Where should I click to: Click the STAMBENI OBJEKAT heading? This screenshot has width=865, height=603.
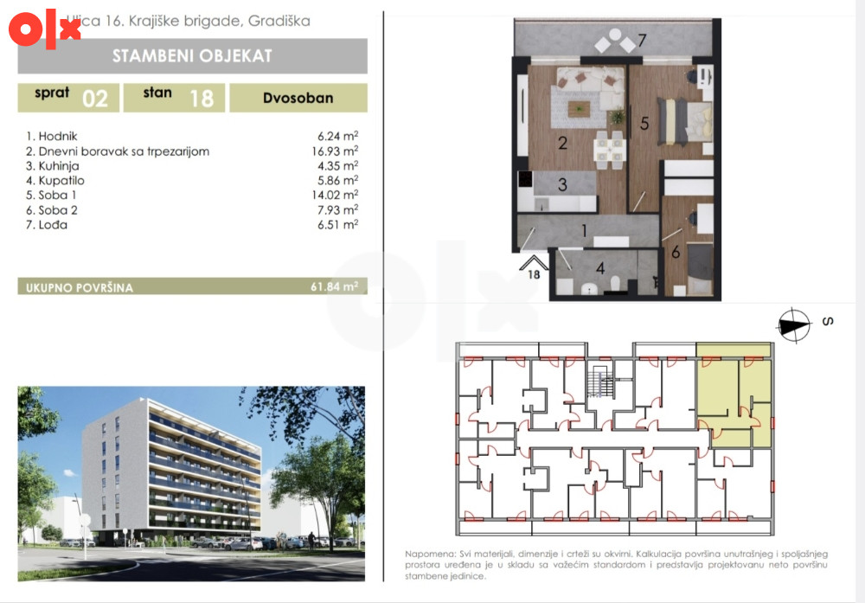pyautogui.click(x=192, y=55)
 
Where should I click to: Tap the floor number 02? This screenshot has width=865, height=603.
pyautogui.click(x=95, y=99)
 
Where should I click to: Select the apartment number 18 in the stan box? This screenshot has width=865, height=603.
pyautogui.click(x=202, y=99)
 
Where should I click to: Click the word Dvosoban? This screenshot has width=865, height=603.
pyautogui.click(x=298, y=98)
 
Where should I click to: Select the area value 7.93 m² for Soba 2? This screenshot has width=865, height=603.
pyautogui.click(x=337, y=209)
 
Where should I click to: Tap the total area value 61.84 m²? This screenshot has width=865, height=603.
pyautogui.click(x=334, y=286)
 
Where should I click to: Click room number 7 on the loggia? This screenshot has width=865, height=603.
pyautogui.click(x=642, y=41)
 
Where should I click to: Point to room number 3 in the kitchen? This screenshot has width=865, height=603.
pyautogui.click(x=562, y=184)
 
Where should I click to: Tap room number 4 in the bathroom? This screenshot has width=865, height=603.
pyautogui.click(x=600, y=269)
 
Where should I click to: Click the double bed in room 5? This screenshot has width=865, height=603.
pyautogui.click(x=684, y=122)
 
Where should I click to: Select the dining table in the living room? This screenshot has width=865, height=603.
pyautogui.click(x=610, y=150)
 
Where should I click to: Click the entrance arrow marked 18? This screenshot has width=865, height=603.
pyautogui.click(x=534, y=263)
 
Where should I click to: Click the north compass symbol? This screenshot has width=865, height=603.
pyautogui.click(x=794, y=325)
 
